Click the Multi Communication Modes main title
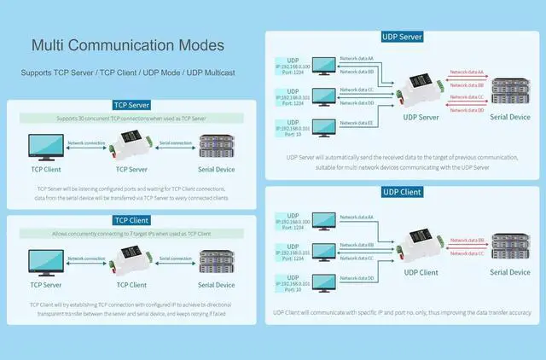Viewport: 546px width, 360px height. pyautogui.click(x=128, y=45)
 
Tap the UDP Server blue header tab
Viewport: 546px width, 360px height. pyautogui.click(x=401, y=37)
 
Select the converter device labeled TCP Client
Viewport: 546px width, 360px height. pyautogui.click(x=125, y=258)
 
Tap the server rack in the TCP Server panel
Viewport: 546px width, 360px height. pyautogui.click(x=216, y=147)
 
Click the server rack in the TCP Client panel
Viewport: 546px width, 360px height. pyautogui.click(x=216, y=261)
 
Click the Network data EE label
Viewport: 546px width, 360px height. pyautogui.click(x=356, y=124)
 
